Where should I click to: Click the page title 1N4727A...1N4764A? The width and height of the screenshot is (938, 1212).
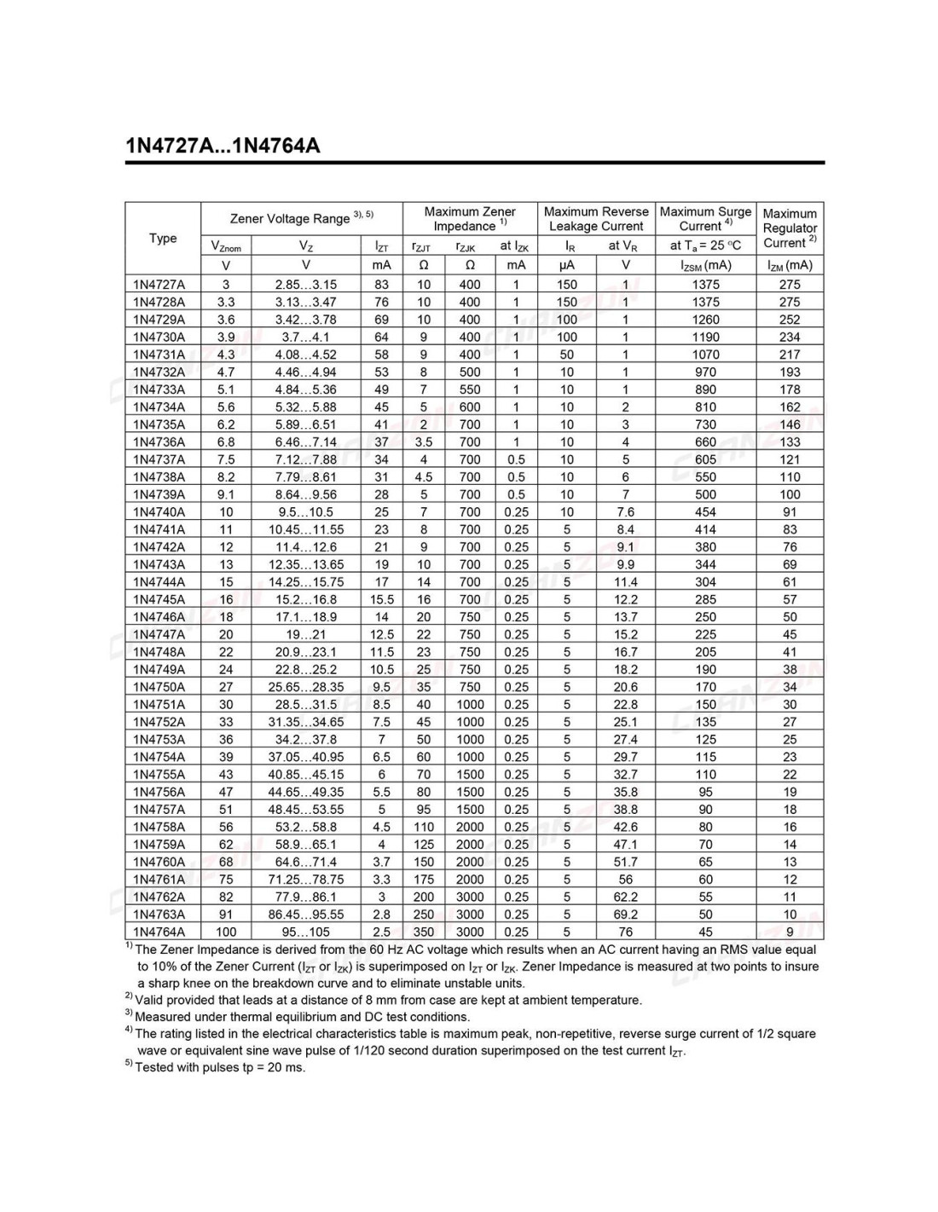pyautogui.click(x=223, y=146)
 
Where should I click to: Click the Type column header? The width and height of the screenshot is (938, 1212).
pyautogui.click(x=163, y=238)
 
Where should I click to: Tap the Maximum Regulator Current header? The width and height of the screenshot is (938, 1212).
pyautogui.click(x=790, y=228)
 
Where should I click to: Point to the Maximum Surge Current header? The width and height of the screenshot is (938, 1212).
pyautogui.click(x=705, y=218)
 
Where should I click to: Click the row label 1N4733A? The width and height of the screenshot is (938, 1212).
pyautogui.click(x=159, y=390)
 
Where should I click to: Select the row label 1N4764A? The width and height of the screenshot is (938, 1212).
pyautogui.click(x=159, y=932)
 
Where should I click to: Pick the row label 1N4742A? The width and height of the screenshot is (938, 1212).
pyautogui.click(x=159, y=547)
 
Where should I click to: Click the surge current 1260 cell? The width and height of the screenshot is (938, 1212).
pyautogui.click(x=705, y=320)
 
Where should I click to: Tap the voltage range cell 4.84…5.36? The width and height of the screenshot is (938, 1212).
pyautogui.click(x=305, y=390)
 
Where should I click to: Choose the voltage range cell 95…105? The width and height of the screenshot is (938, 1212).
pyautogui.click(x=305, y=932)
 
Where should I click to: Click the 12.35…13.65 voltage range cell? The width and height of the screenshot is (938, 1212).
pyautogui.click(x=305, y=564)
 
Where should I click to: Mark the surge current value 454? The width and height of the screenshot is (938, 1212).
pyautogui.click(x=705, y=512)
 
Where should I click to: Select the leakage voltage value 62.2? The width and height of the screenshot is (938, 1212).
pyautogui.click(x=625, y=897)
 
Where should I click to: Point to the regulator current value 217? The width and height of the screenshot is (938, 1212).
pyautogui.click(x=790, y=355)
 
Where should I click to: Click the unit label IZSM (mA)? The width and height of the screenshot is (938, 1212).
pyautogui.click(x=705, y=265)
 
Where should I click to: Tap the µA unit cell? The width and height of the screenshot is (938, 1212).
pyautogui.click(x=566, y=265)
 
